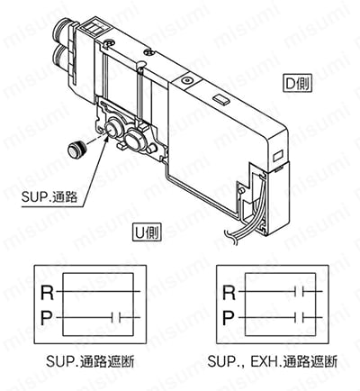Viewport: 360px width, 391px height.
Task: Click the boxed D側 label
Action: click(x=297, y=82)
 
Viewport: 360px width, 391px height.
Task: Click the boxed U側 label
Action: click(x=147, y=232)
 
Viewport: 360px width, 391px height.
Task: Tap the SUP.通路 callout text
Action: click(x=49, y=197)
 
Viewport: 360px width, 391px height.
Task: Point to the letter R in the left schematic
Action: click(x=48, y=293)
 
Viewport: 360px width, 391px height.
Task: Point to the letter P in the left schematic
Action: click(x=47, y=318)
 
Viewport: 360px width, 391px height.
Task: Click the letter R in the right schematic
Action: click(x=229, y=293)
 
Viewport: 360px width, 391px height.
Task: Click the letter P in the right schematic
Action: click(x=229, y=318)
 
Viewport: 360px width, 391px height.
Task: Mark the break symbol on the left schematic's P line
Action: click(x=116, y=317)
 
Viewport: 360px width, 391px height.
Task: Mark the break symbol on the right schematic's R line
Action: click(x=299, y=291)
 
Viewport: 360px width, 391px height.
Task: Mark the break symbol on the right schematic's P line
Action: click(x=299, y=317)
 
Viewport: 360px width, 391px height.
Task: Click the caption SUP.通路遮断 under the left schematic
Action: click(x=90, y=361)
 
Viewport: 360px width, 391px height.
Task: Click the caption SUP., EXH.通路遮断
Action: click(x=273, y=361)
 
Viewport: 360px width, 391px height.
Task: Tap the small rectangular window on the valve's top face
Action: click(x=221, y=100)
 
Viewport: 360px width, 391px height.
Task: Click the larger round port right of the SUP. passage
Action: click(x=134, y=139)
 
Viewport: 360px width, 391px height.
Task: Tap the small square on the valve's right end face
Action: click(x=276, y=157)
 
